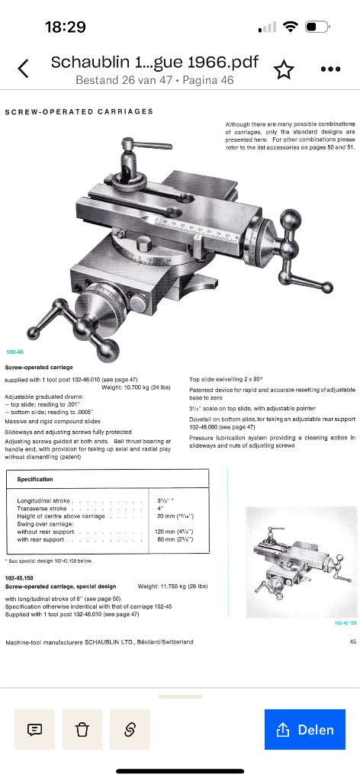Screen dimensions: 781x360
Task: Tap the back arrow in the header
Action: (23, 69)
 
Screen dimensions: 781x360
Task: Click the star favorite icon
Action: (284, 69)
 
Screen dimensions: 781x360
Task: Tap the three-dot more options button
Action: (330, 69)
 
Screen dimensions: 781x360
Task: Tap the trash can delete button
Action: (82, 729)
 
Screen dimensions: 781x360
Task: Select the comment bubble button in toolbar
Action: (34, 729)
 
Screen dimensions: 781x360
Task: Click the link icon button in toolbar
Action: (130, 729)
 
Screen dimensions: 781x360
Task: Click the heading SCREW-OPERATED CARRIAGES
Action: (79, 111)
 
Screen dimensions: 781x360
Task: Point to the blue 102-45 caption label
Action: (14, 352)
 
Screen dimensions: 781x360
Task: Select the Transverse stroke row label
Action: (38, 508)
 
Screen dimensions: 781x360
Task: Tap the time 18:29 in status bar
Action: (65, 27)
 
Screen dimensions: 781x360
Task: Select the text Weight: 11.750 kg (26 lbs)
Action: (172, 586)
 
